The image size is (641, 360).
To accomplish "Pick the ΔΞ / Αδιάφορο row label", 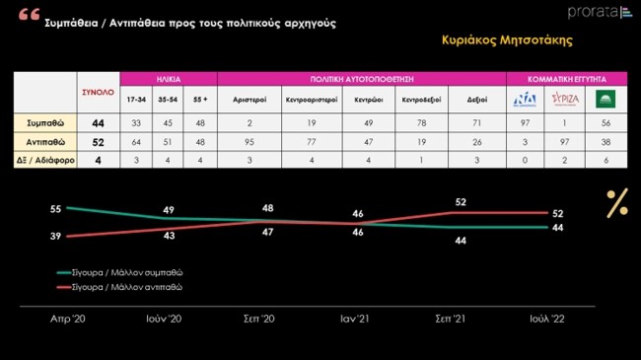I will (x=39, y=159).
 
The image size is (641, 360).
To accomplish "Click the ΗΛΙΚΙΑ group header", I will (x=169, y=78).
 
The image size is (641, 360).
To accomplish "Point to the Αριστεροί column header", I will (x=250, y=99).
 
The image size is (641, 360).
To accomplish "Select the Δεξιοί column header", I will (x=476, y=99).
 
